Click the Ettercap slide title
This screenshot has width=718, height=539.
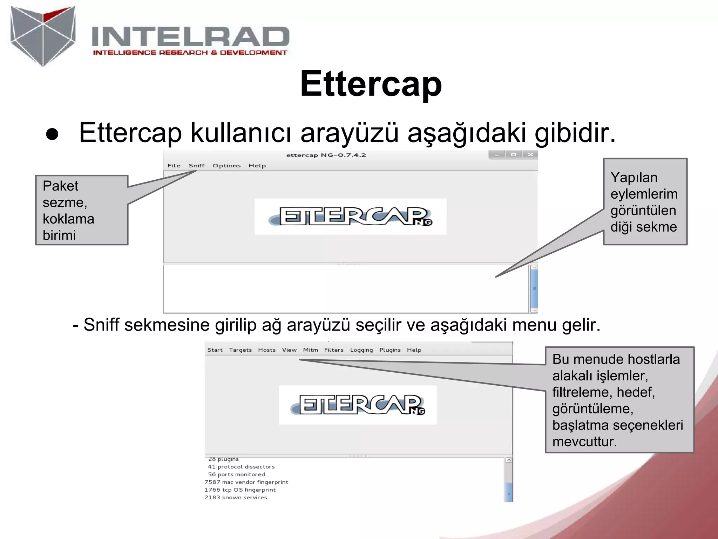click(371, 84)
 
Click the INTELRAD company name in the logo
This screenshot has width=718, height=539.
click(190, 36)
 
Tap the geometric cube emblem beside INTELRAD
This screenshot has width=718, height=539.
click(43, 35)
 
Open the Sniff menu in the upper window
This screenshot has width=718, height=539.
click(196, 166)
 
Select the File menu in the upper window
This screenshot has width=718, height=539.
click(174, 166)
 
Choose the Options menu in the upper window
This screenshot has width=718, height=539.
click(226, 166)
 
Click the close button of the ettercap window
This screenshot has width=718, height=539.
click(530, 155)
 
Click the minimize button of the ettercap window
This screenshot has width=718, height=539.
click(497, 155)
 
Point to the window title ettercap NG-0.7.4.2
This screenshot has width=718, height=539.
click(326, 155)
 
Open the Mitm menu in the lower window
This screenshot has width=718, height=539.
click(310, 350)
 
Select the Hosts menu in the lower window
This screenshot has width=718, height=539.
click(267, 350)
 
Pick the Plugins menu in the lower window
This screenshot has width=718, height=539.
click(390, 350)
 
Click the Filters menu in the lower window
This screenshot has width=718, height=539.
click(334, 350)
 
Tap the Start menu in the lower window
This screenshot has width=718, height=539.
click(215, 350)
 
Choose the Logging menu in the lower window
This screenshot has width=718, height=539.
click(361, 350)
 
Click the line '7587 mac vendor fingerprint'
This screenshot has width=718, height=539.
click(246, 482)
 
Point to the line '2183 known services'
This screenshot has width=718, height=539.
click(236, 498)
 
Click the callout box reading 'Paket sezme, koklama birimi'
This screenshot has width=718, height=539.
click(82, 210)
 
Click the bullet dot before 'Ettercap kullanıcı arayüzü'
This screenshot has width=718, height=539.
click(52, 135)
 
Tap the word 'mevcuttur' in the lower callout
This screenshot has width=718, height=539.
click(584, 441)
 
